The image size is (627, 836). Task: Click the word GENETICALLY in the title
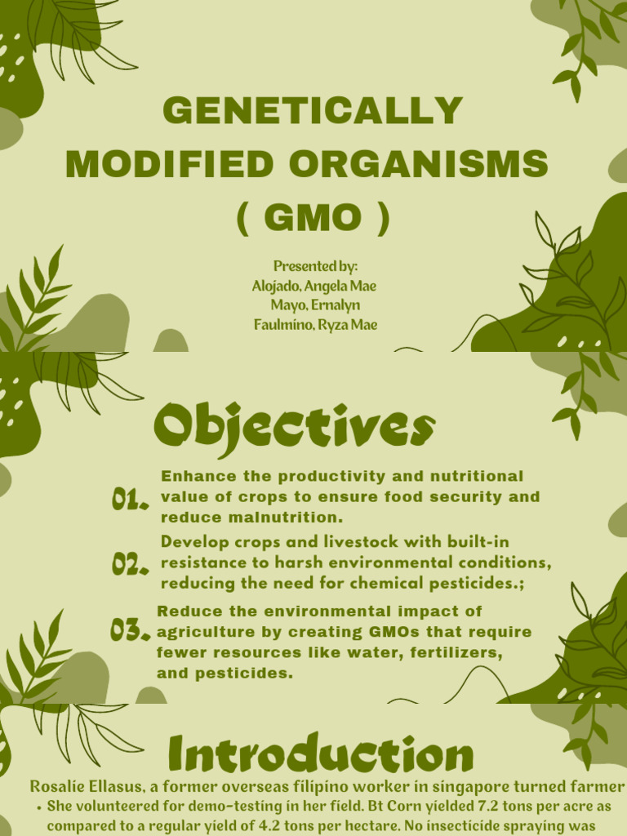[x=313, y=111]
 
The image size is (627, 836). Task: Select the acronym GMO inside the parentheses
[x=313, y=218]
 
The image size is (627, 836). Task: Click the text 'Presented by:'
[x=315, y=267]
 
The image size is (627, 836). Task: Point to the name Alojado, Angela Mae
[x=314, y=287]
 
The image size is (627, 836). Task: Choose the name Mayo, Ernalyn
[x=315, y=305]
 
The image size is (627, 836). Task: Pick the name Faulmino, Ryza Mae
[x=314, y=325]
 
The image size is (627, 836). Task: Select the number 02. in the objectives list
[x=130, y=564]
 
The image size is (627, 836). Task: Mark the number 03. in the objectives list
[x=130, y=630]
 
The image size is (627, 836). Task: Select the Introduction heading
[x=320, y=755]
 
